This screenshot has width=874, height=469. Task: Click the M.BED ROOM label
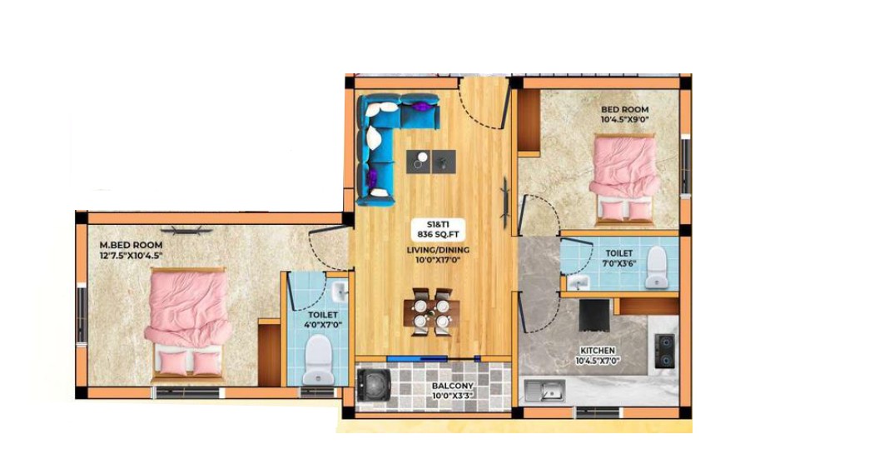click(131, 245)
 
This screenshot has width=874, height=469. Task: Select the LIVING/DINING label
click(438, 250)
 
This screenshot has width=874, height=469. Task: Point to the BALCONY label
click(453, 386)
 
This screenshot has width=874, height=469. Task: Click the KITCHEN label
click(598, 351)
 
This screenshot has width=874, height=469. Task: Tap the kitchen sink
click(544, 391)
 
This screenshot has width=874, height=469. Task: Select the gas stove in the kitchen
click(664, 352)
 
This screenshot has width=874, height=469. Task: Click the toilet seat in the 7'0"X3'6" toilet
click(656, 267)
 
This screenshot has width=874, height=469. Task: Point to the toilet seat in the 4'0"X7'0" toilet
click(319, 360)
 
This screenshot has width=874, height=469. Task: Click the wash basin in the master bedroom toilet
click(339, 291)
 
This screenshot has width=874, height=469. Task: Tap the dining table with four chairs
click(432, 312)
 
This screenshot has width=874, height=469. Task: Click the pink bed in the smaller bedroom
click(624, 178)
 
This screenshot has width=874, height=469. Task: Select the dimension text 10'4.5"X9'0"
click(625, 119)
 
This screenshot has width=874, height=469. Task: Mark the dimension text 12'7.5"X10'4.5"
click(131, 256)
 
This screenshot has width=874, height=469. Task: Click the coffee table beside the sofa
click(431, 162)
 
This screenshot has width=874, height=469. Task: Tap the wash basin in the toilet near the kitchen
click(578, 283)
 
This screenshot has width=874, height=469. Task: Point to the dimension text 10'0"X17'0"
click(438, 260)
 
